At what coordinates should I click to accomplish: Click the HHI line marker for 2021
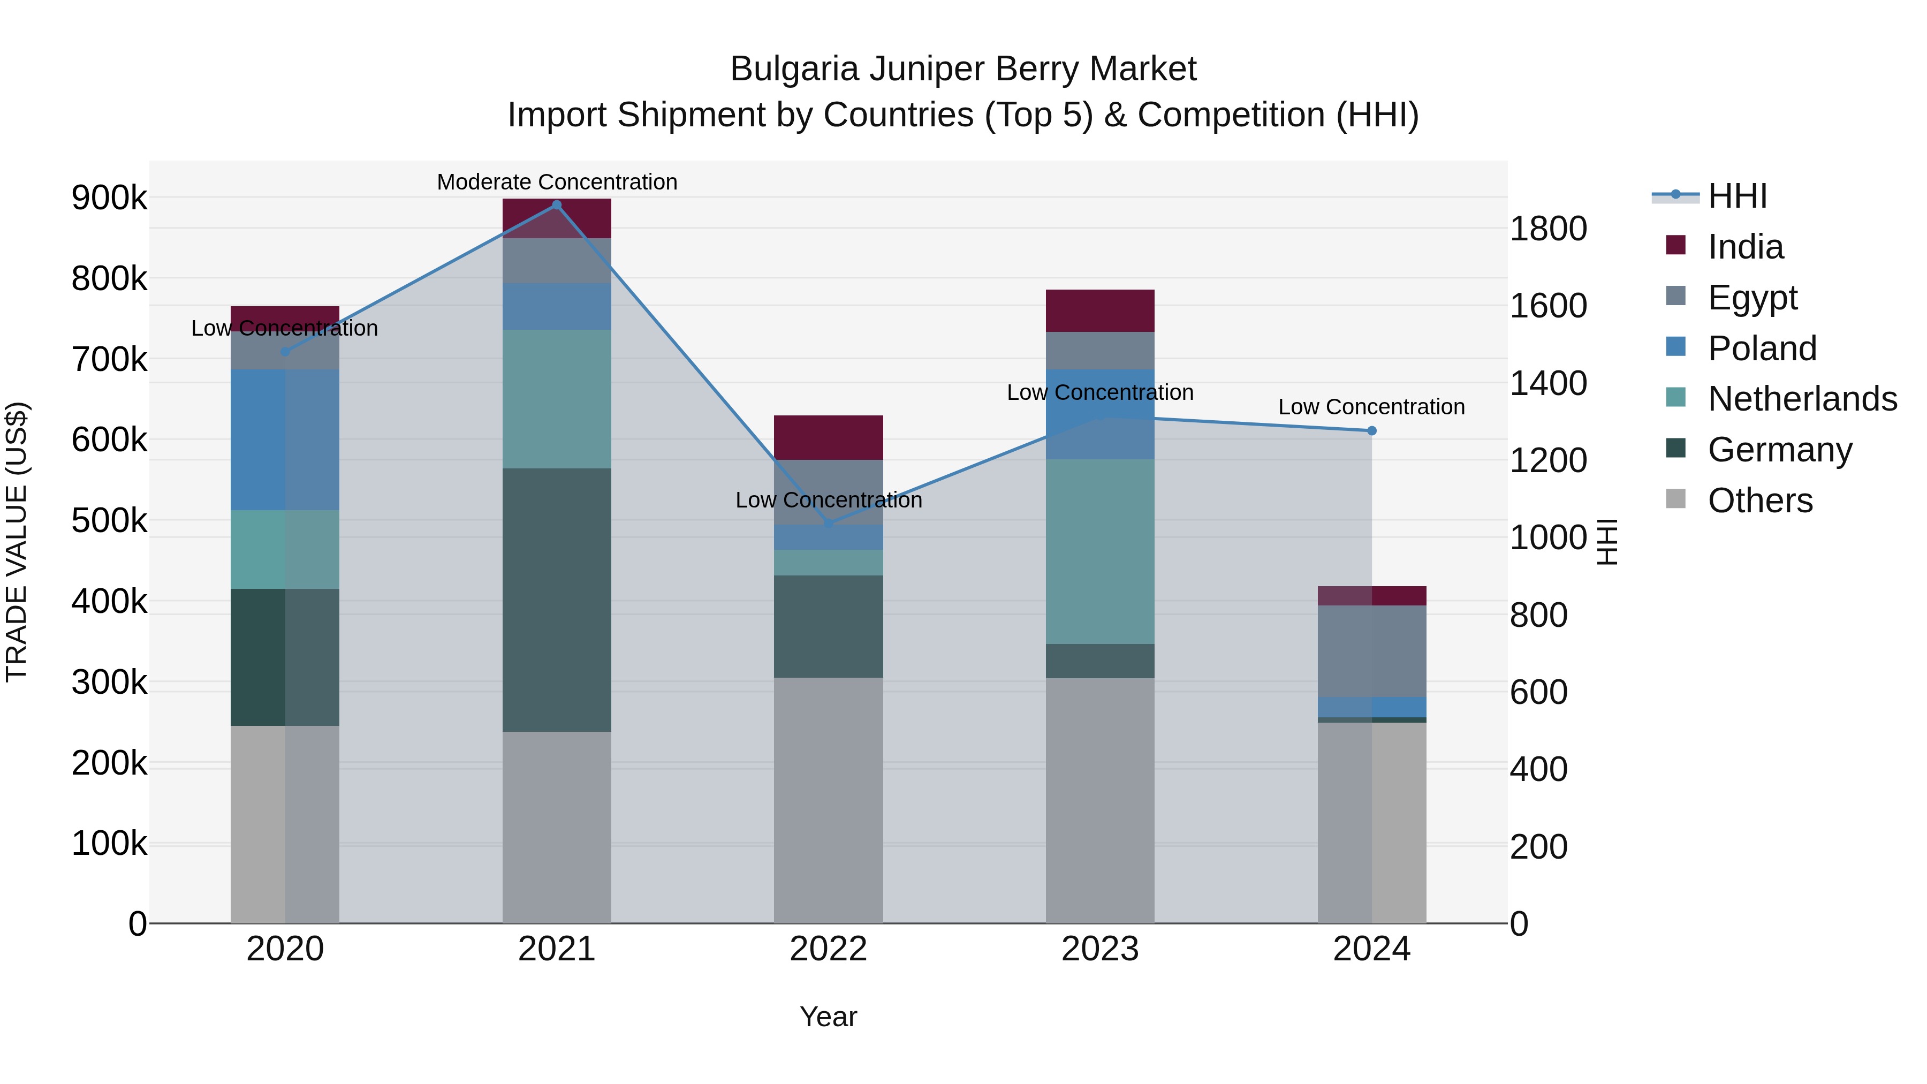point(557,205)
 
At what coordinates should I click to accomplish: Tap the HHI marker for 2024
point(1371,431)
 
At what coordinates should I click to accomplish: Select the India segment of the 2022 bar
point(828,438)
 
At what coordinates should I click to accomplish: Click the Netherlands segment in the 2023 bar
point(1099,551)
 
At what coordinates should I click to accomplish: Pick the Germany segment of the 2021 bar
point(557,600)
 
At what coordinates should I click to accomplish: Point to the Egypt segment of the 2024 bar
point(1371,651)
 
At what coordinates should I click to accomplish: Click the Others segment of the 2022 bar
point(828,800)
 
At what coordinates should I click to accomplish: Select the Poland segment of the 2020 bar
point(284,440)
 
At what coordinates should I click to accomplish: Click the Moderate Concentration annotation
point(557,182)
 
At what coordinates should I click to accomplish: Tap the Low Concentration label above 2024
point(1371,407)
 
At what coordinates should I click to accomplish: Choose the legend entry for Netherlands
point(1802,399)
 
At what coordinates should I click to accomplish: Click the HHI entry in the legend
point(1737,196)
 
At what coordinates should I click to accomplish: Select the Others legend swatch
point(1675,499)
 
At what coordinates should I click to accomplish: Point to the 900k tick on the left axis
point(109,198)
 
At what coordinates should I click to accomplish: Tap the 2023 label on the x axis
point(1099,949)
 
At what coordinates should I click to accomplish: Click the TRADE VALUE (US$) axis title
point(17,542)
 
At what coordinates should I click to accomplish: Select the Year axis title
point(828,1017)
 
